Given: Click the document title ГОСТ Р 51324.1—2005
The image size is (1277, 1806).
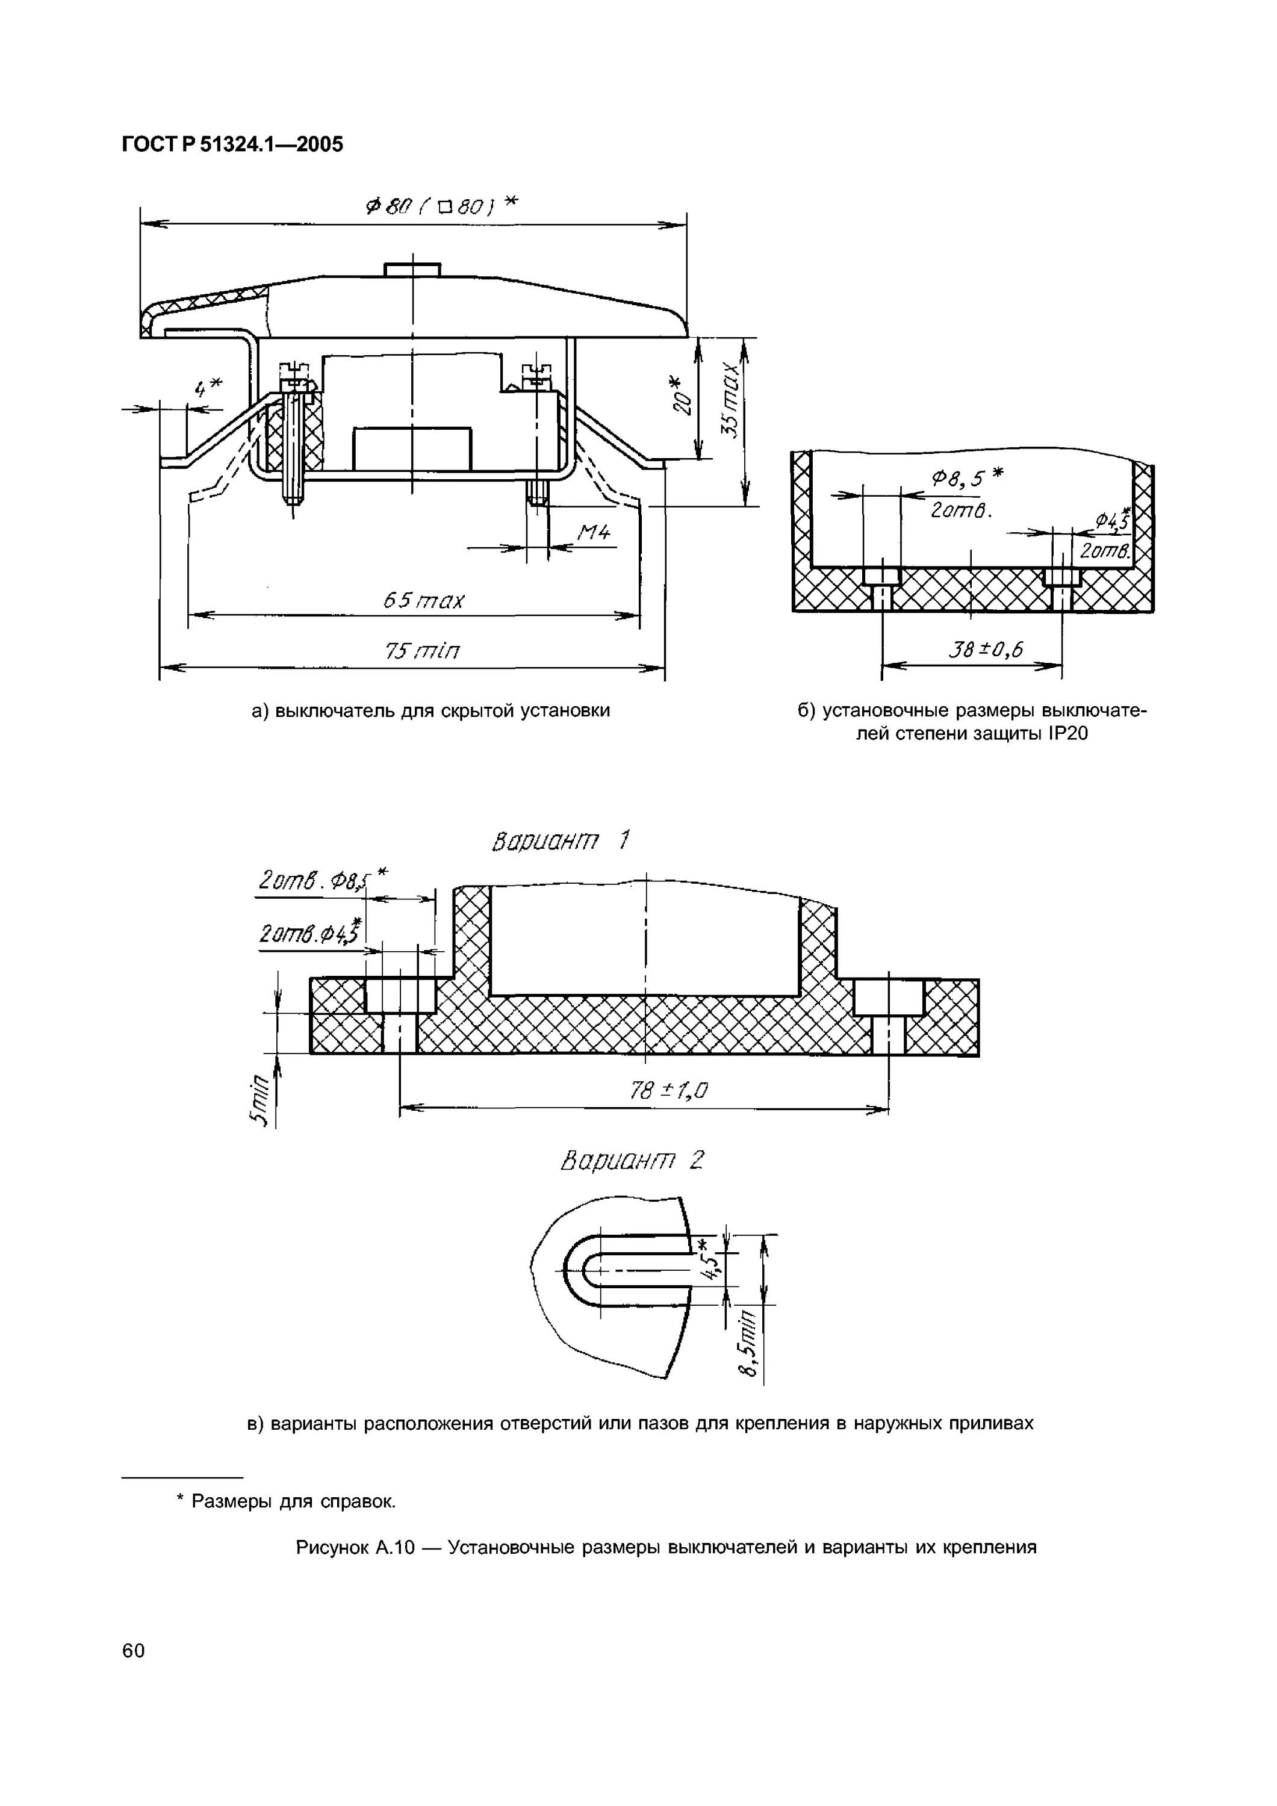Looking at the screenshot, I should point(232,144).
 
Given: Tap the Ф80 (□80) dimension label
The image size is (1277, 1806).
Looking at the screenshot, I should point(442,206).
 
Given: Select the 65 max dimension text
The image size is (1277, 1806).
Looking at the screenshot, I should point(423,601).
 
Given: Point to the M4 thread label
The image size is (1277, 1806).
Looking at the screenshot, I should point(594,533).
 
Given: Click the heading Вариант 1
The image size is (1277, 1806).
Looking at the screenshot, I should point(560,842).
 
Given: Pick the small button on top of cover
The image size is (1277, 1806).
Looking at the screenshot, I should point(412,269).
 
